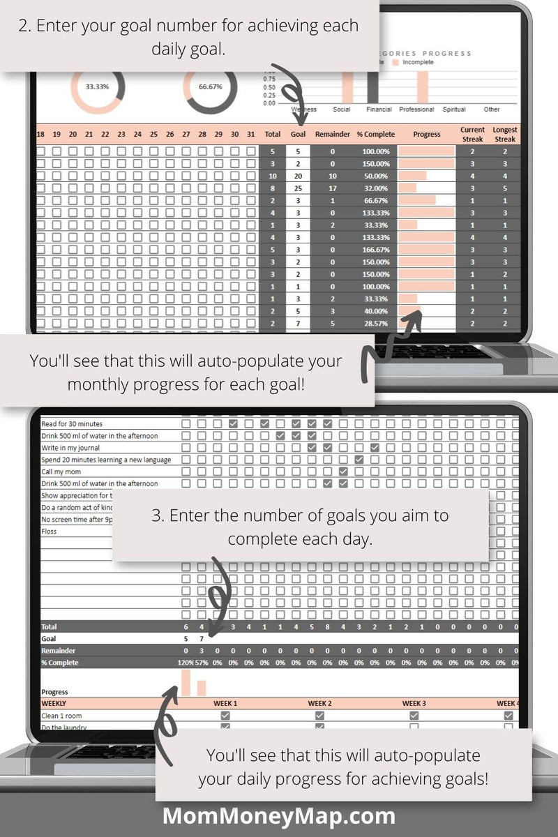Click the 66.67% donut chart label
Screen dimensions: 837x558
210,87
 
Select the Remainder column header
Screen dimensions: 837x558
332,135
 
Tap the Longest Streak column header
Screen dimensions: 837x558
505,135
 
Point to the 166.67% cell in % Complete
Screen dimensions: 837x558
375,250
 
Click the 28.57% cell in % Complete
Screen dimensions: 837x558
375,324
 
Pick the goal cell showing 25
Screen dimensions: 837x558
298,188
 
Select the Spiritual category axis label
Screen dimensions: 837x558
454,110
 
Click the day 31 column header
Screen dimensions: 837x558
250,135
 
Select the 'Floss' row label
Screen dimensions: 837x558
49,531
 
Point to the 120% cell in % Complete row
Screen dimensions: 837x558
185,663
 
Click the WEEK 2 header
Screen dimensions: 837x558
319,704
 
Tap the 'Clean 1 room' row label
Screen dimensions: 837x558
61,716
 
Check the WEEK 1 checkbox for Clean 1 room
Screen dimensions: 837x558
225,716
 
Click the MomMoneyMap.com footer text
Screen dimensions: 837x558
279,815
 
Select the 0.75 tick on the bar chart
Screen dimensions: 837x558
269,79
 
